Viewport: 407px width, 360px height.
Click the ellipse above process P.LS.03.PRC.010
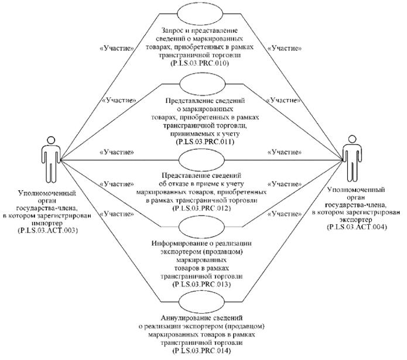201,13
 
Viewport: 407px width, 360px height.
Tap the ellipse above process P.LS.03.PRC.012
201,158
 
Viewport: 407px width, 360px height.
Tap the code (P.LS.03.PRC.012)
201,207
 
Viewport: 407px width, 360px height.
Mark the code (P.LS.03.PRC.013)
201,283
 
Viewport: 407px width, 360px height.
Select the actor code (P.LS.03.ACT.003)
48,230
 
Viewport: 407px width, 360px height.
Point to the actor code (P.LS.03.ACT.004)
357,227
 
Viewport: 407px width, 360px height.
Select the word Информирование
175,245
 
